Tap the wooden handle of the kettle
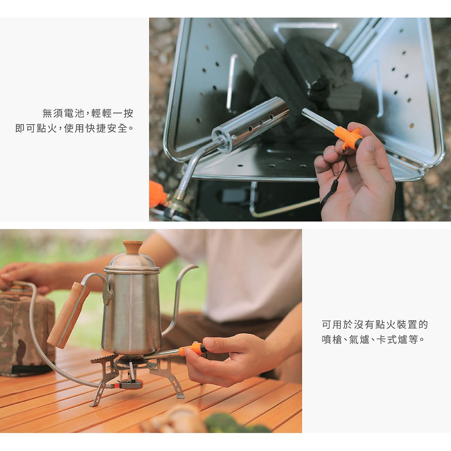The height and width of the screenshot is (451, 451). [x=68, y=315]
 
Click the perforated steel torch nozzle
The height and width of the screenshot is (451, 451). [x=250, y=124]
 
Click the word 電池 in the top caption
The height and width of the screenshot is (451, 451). [x=74, y=113]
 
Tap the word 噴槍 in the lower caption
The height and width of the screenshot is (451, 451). [x=332, y=340]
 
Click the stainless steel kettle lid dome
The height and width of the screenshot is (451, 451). [x=132, y=262]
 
